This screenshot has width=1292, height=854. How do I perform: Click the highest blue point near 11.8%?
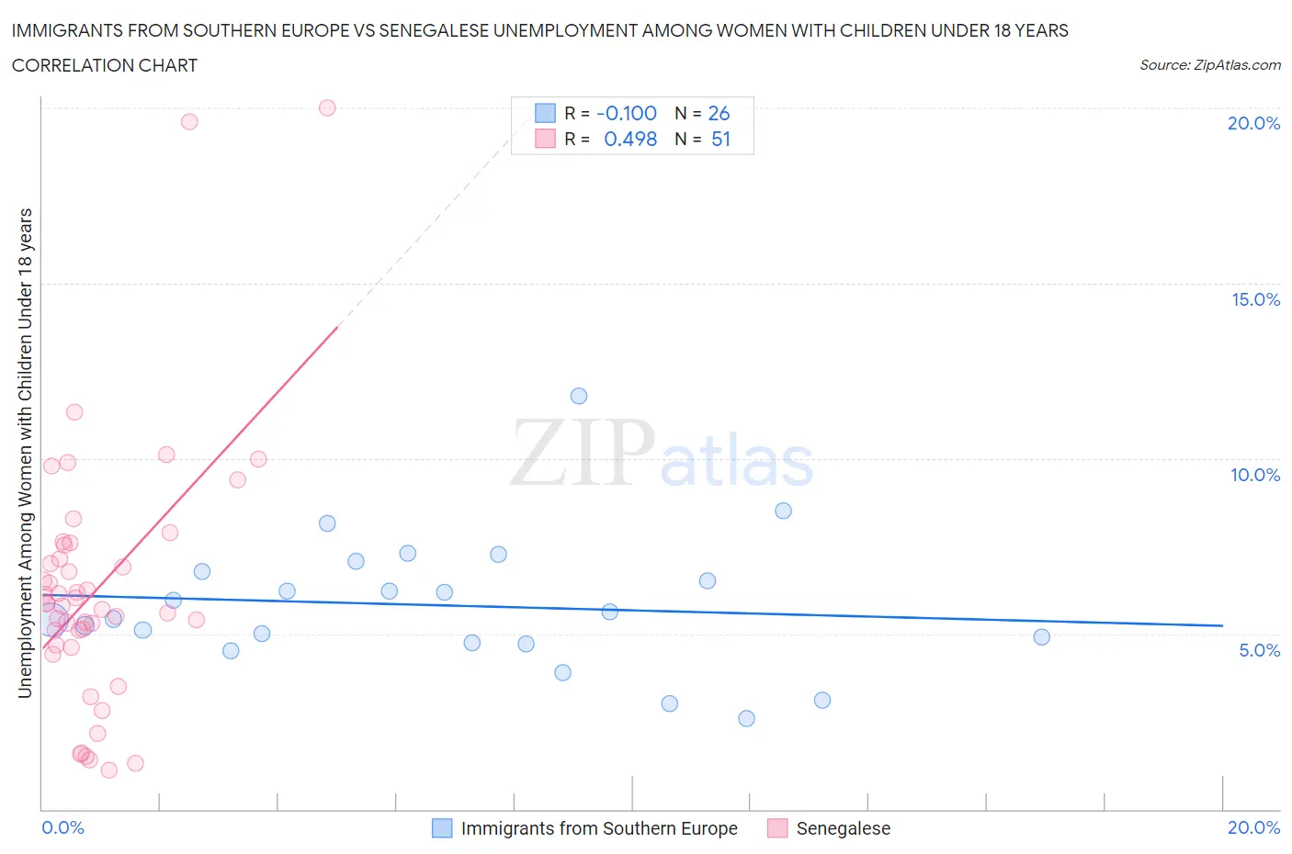coord(579,396)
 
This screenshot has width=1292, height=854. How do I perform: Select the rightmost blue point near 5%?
coord(1041,636)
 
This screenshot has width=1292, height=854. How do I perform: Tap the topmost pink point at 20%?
coord(327,107)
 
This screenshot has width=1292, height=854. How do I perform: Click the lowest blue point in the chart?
coord(746,718)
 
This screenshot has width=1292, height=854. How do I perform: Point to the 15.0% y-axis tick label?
coord(1255,299)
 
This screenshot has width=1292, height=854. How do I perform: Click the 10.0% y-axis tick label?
coord(1255,475)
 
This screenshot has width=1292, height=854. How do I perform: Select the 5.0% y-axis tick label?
coord(1259,650)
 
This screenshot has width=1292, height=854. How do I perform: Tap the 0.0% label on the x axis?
coord(62,827)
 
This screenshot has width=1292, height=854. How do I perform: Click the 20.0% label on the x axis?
coord(1253,827)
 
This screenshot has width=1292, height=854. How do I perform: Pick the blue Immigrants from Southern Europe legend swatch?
coord(442,828)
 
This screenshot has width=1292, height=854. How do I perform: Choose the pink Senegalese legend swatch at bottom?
coord(777,828)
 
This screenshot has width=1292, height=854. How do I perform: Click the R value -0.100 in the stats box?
coord(627,113)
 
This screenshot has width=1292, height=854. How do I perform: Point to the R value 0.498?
coord(630,139)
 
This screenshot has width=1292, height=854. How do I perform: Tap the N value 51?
coord(720,139)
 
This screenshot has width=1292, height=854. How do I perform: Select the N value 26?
coord(719,113)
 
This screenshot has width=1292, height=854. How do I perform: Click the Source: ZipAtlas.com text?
coord(1209,64)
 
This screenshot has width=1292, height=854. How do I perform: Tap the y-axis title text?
coord(25,453)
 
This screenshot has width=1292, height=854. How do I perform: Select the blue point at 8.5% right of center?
coord(783,511)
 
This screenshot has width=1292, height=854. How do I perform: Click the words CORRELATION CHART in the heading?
coord(105,65)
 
